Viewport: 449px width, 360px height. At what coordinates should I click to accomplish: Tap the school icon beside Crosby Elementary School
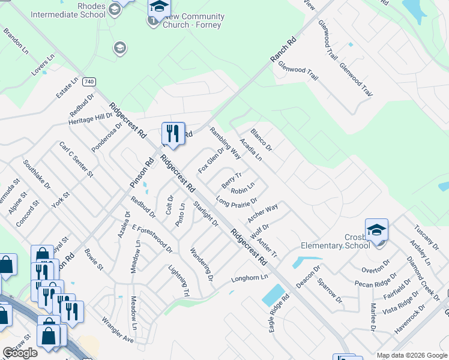(376, 230)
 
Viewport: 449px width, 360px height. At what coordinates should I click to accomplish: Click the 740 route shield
(89, 81)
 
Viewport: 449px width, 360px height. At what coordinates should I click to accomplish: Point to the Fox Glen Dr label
(211, 160)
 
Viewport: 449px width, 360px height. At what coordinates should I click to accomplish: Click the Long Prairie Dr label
(237, 203)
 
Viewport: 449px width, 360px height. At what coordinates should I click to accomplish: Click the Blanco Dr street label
(262, 140)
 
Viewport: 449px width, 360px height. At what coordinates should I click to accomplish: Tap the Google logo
(20, 353)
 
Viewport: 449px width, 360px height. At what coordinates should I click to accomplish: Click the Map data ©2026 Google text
(411, 355)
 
